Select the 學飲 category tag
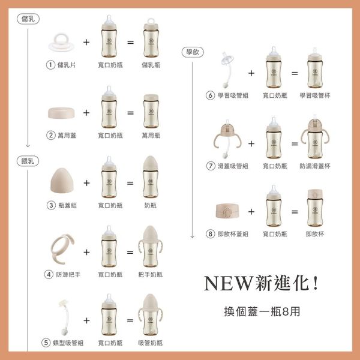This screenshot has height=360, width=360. point(191,53)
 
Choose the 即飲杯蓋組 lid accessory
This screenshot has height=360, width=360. point(227,212)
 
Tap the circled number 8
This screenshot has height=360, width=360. point(210,234)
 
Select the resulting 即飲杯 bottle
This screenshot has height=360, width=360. point(316,211)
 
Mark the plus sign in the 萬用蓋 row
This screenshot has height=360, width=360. point(86,112)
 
